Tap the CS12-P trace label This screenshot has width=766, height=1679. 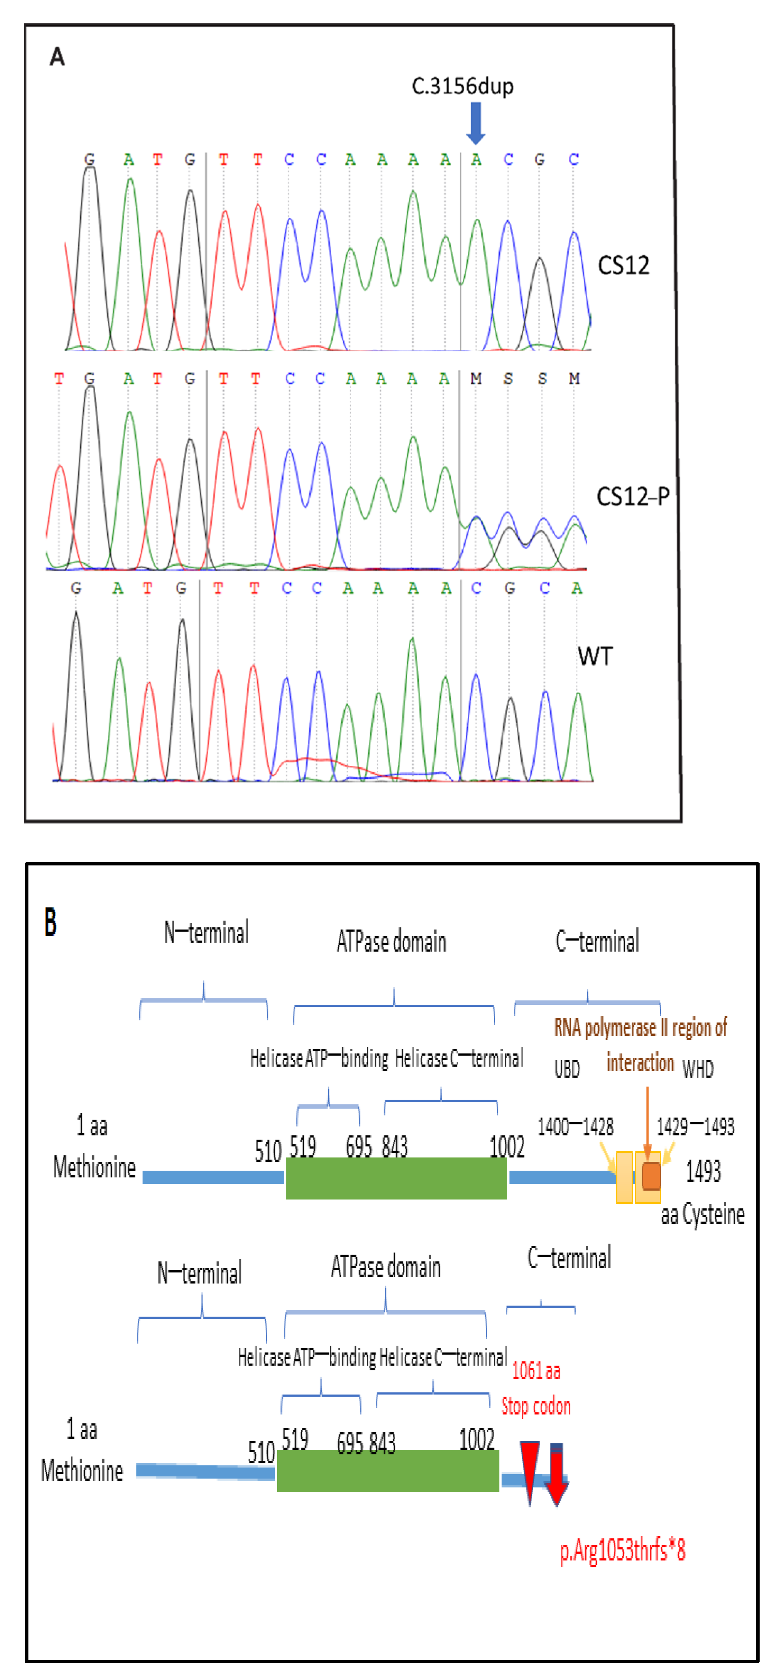[x=632, y=497]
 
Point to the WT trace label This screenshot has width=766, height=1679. [x=595, y=656]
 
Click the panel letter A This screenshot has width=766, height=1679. [x=57, y=57]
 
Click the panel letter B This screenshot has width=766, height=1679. [x=51, y=922]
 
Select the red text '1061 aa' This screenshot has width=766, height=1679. [x=536, y=1371]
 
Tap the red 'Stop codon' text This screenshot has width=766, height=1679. [x=536, y=1406]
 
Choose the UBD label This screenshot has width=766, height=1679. [x=567, y=1069]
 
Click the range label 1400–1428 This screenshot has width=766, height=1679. [x=575, y=1126]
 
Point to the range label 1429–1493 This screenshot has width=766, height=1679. [x=695, y=1126]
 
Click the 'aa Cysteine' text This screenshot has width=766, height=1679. [x=703, y=1214]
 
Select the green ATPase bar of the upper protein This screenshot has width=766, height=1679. [x=396, y=1178]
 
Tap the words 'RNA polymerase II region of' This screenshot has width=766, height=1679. [x=640, y=1028]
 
